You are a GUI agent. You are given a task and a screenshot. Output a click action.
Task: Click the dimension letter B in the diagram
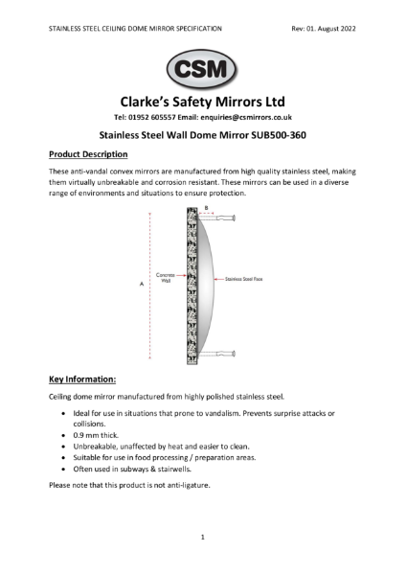click(x=205, y=208)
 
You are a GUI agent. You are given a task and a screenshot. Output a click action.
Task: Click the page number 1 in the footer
click(x=203, y=538)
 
